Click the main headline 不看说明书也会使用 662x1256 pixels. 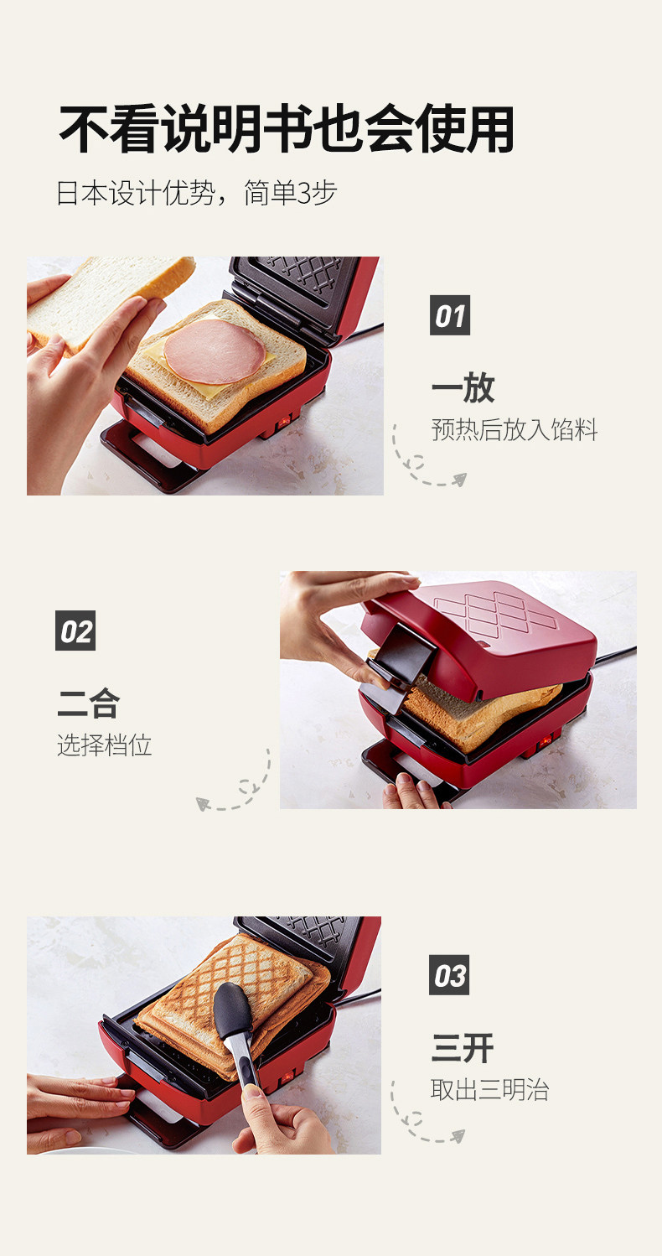287,129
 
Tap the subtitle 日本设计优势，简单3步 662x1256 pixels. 197,194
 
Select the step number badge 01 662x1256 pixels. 450,315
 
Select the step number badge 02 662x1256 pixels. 75,631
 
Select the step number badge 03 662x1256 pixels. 449,975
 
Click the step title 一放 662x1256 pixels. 463,387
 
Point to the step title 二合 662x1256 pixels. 89,703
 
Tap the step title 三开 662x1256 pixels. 463,1048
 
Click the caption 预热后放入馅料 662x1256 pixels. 515,430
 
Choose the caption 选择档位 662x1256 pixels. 105,745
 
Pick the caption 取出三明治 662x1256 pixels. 490,1090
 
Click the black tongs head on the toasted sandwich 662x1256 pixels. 233,1010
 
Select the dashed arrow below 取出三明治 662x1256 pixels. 421,1116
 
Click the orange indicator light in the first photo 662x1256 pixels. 285,420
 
